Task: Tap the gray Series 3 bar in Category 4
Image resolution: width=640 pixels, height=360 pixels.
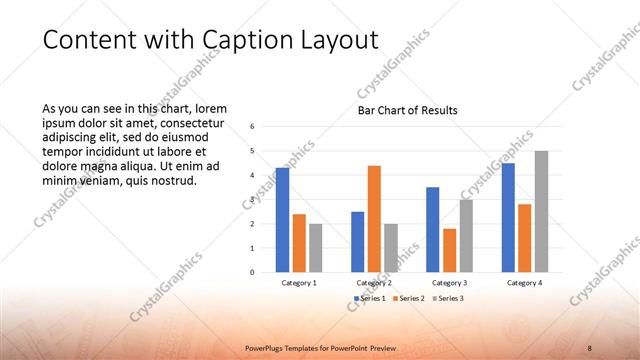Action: [541, 211]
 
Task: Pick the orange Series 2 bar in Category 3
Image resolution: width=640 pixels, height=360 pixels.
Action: [449, 250]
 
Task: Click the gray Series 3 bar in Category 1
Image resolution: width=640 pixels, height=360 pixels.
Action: [316, 248]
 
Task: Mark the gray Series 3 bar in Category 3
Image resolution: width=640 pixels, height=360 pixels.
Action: [466, 236]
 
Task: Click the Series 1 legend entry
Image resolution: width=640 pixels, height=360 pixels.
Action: [371, 298]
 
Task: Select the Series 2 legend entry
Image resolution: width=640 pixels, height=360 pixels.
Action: [411, 298]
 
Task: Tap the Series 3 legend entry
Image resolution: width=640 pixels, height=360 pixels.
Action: [448, 298]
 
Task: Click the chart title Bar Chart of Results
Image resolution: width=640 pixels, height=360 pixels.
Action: [408, 110]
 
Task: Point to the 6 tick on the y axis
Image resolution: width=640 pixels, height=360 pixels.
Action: [253, 127]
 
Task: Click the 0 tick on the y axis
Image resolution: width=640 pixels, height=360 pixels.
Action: [253, 272]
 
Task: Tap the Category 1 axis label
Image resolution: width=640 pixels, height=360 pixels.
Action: [299, 283]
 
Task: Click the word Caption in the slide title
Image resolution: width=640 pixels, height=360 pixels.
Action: [253, 39]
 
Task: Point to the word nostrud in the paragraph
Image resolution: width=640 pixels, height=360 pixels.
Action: [173, 181]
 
